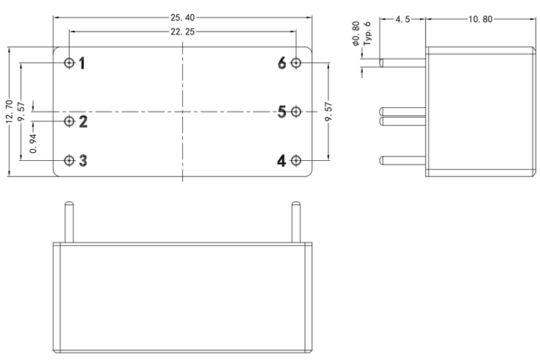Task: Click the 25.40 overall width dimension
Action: tap(183, 16)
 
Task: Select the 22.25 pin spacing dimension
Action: tap(183, 32)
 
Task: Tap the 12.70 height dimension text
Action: tap(8, 112)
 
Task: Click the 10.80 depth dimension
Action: tap(480, 19)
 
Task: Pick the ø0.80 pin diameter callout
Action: tap(356, 34)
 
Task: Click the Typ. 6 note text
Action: tap(367, 34)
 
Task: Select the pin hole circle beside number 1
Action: tap(69, 63)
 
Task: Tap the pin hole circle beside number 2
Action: tap(69, 121)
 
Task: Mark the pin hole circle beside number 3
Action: tap(69, 160)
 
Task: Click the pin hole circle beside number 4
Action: tap(296, 160)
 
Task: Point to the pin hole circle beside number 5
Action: tap(296, 112)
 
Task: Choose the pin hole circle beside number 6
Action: tap(296, 63)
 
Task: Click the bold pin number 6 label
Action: tap(282, 63)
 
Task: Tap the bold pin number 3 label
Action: tap(83, 160)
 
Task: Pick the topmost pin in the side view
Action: tap(403, 63)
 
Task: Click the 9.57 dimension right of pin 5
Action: tap(328, 112)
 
